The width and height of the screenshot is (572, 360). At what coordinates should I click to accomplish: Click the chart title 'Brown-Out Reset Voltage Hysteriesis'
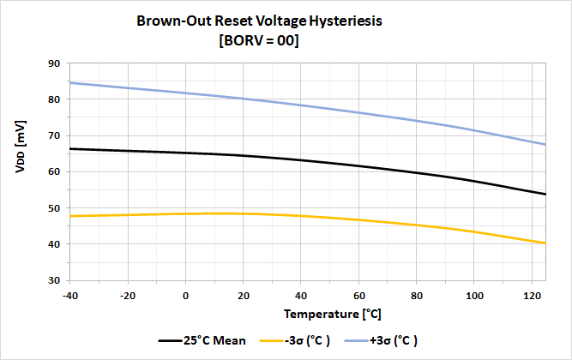pyautogui.click(x=259, y=21)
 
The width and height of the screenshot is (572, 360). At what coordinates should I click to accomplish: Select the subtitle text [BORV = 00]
pyautogui.click(x=259, y=41)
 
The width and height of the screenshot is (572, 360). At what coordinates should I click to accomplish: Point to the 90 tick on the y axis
pyautogui.click(x=53, y=63)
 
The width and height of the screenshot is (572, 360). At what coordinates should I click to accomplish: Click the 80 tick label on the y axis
pyautogui.click(x=53, y=99)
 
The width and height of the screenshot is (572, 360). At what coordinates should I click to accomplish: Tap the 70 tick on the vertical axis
pyautogui.click(x=53, y=135)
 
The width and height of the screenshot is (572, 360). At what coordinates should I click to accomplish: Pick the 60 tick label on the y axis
pyautogui.click(x=53, y=171)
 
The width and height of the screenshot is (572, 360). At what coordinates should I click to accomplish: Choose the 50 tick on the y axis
pyautogui.click(x=53, y=208)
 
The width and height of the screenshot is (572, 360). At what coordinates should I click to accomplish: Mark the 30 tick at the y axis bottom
pyautogui.click(x=53, y=280)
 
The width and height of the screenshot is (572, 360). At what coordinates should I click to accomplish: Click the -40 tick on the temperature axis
pyautogui.click(x=70, y=296)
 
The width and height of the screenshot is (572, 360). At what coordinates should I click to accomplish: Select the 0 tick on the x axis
pyautogui.click(x=186, y=296)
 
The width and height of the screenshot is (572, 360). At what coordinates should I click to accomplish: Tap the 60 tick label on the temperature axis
pyautogui.click(x=359, y=296)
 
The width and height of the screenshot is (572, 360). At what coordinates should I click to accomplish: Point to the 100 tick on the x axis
pyautogui.click(x=474, y=296)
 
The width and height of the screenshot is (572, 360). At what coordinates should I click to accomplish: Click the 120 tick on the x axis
pyautogui.click(x=533, y=296)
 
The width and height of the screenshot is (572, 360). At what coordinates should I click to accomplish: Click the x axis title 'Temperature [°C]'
pyautogui.click(x=308, y=315)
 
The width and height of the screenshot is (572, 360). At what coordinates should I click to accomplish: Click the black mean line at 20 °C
pyautogui.click(x=244, y=155)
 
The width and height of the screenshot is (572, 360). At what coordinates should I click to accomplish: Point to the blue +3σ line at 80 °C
pyautogui.click(x=417, y=120)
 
